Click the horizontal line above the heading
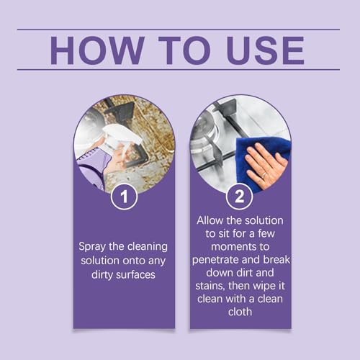click(x=180, y=30)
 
